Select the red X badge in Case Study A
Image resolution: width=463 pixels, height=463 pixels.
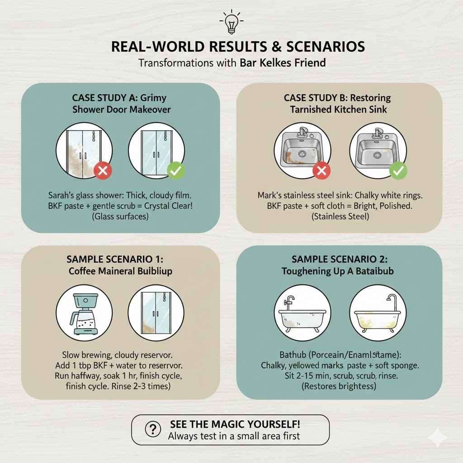(103, 171)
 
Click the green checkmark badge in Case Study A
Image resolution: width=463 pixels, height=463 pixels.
(175, 171)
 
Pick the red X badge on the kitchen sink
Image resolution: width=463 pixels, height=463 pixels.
(322, 171)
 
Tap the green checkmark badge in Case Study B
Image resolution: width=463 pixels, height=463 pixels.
(398, 171)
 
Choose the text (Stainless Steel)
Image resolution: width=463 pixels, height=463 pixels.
(340, 217)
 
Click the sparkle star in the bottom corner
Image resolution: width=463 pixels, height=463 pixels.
(438, 438)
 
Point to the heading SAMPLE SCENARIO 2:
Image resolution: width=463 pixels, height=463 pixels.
(340, 259)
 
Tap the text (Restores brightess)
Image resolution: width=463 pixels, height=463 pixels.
(340, 387)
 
